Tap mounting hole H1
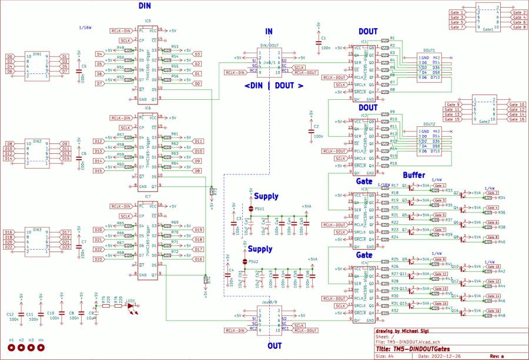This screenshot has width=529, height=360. tap(12, 348)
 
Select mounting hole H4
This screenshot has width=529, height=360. tap(41, 348)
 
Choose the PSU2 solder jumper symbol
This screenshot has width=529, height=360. tap(245, 261)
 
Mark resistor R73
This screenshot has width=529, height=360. tap(212, 191)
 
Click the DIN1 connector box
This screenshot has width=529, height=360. tap(36, 66)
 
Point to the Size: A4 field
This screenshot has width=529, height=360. tap(385, 356)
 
